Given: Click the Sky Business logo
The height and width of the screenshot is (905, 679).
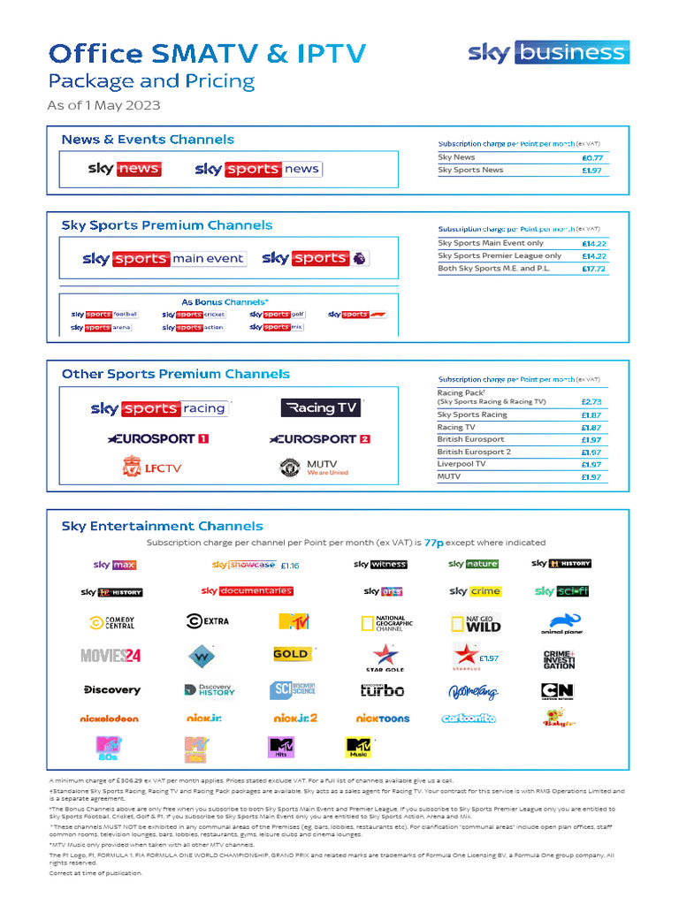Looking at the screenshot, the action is (x=548, y=52).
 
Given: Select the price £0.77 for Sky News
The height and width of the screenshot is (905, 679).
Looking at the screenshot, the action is (x=591, y=157).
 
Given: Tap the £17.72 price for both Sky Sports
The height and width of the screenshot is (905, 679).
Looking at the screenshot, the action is (x=593, y=269).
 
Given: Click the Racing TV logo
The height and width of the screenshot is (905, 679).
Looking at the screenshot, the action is (x=320, y=407).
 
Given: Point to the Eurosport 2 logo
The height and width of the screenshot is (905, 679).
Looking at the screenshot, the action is (x=319, y=438).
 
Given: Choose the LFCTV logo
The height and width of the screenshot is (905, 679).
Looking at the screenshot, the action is (x=151, y=467).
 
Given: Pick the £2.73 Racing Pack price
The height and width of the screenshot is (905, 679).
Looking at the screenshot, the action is (x=591, y=401).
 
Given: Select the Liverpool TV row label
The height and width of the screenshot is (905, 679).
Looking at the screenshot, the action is (x=462, y=464).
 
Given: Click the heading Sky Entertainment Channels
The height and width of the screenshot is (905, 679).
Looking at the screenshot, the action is (x=162, y=526).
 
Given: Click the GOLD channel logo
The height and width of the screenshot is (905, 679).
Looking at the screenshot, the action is (x=292, y=655).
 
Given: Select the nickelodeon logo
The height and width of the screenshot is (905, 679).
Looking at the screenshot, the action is (x=111, y=719).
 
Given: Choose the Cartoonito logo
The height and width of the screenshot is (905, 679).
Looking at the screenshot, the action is (x=468, y=719).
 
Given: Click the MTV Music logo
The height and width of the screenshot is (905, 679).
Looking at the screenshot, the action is (x=358, y=748).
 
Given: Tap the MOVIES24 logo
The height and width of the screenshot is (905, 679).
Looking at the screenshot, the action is (x=111, y=656).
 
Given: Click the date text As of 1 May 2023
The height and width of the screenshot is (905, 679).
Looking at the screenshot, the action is (x=103, y=106).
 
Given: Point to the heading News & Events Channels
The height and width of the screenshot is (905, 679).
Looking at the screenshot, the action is (x=148, y=140).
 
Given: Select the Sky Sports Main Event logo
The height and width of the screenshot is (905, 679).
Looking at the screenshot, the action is (x=164, y=259).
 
